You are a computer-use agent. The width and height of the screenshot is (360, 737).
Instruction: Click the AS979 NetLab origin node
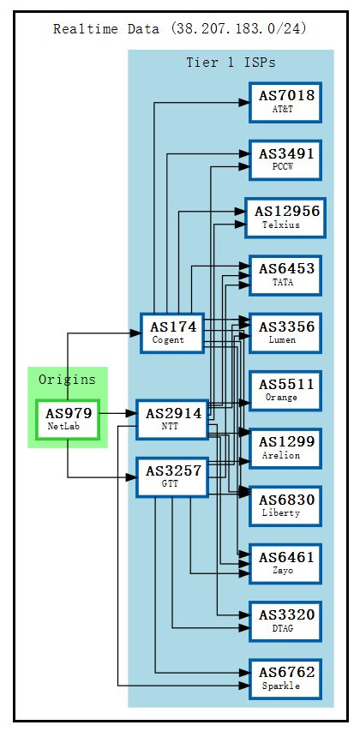[68, 419]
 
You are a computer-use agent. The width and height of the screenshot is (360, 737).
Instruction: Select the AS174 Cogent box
[172, 333]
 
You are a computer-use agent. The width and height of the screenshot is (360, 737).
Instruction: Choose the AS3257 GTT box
[172, 476]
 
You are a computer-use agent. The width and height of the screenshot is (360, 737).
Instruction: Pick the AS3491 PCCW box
[285, 159]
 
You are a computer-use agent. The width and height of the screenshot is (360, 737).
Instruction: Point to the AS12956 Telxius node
[285, 217]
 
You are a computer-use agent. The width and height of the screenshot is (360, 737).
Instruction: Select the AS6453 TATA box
[285, 274]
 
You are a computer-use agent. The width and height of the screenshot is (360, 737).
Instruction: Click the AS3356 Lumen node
[285, 333]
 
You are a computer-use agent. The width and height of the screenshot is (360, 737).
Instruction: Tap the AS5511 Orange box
[285, 390]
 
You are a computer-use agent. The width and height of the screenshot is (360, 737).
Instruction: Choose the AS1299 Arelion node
[285, 447]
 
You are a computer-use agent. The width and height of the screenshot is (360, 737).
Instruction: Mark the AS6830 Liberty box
[285, 506]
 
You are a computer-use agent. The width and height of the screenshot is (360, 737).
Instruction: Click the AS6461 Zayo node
[285, 563]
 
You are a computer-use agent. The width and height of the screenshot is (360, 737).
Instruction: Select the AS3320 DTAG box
[285, 620]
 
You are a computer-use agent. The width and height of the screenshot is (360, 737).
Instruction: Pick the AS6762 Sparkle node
[285, 678]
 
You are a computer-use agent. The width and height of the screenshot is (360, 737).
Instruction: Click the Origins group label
[68, 380]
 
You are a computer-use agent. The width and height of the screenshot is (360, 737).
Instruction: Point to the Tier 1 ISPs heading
[231, 63]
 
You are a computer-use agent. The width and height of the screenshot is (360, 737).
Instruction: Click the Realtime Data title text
[180, 29]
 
